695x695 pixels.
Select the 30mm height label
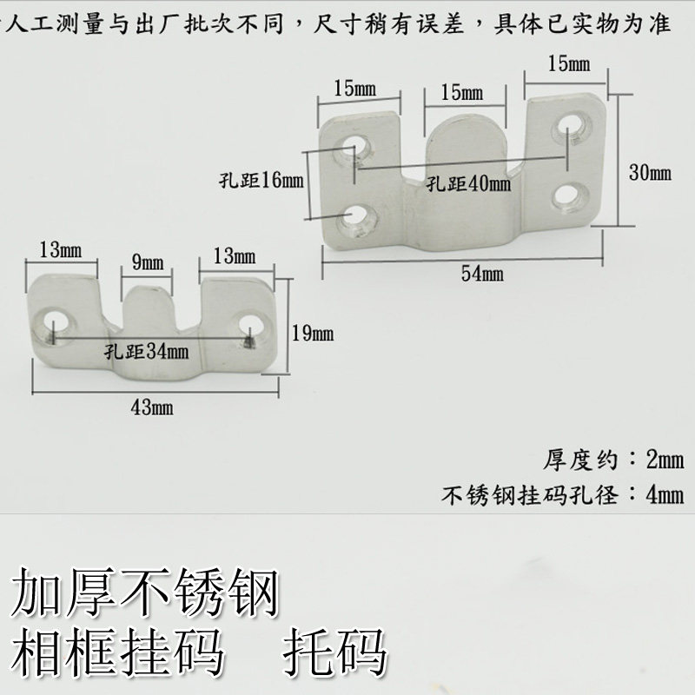649,173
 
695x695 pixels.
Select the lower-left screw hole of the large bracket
356,215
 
